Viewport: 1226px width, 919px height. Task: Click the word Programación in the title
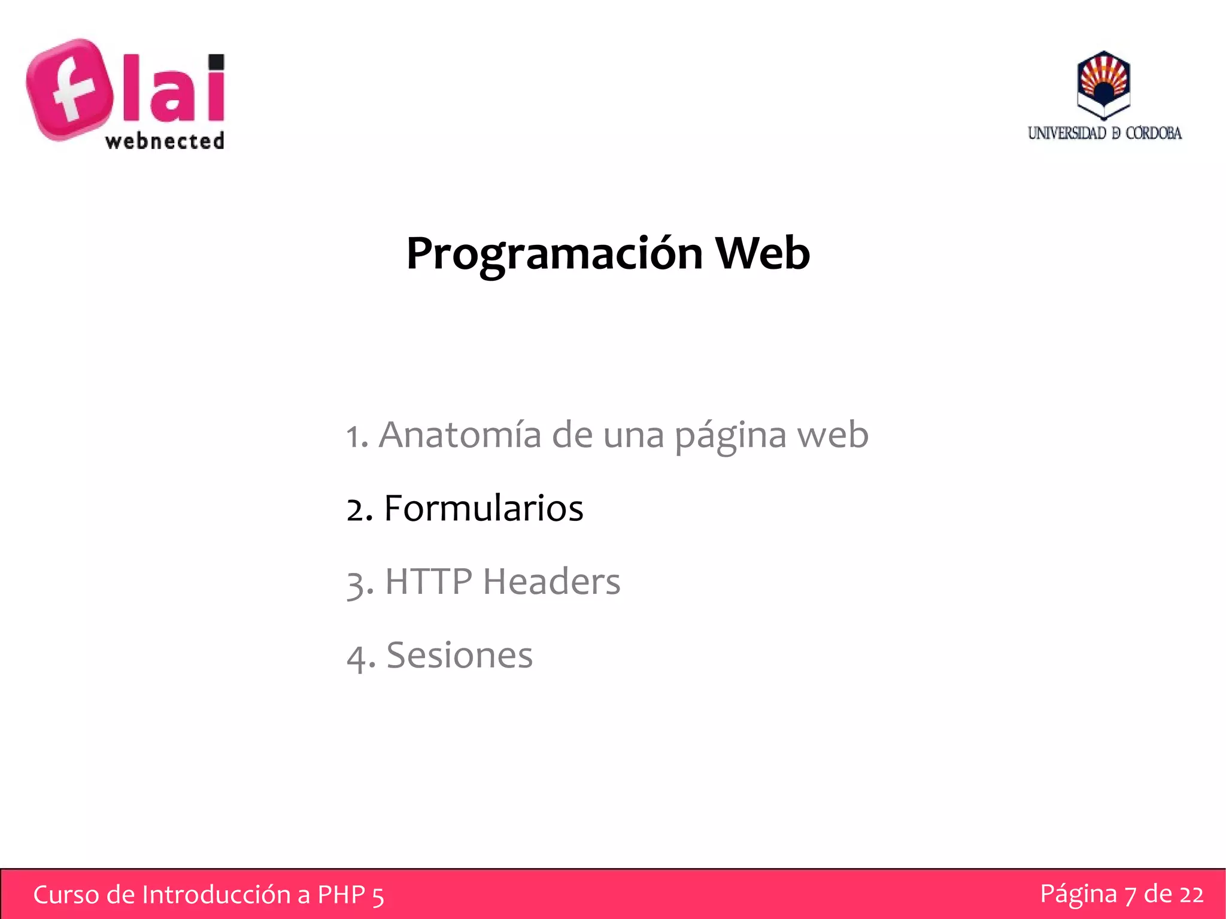pyautogui.click(x=554, y=254)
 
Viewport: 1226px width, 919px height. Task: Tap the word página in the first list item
pyautogui.click(x=730, y=436)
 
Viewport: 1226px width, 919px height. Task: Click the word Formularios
pyautogui.click(x=483, y=508)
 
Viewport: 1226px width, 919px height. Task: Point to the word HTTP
pyautogui.click(x=428, y=581)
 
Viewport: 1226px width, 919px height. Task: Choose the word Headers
pyautogui.click(x=551, y=581)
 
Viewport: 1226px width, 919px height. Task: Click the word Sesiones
pyautogui.click(x=459, y=655)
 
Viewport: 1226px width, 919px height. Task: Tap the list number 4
pyautogui.click(x=357, y=657)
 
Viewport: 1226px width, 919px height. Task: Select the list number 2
pyautogui.click(x=357, y=509)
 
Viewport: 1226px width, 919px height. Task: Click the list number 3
pyautogui.click(x=357, y=583)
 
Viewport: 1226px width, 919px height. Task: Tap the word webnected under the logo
pyautogui.click(x=165, y=141)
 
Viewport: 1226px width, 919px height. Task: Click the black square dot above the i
pyautogui.click(x=216, y=62)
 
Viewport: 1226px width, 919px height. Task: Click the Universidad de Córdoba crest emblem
pyautogui.click(x=1103, y=84)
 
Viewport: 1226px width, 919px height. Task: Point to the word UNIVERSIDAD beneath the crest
pyautogui.click(x=1066, y=133)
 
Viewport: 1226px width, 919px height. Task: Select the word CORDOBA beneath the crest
pyautogui.click(x=1153, y=133)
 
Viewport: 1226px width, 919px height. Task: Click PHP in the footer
pyautogui.click(x=341, y=894)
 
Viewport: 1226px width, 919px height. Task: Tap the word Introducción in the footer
pyautogui.click(x=218, y=894)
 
